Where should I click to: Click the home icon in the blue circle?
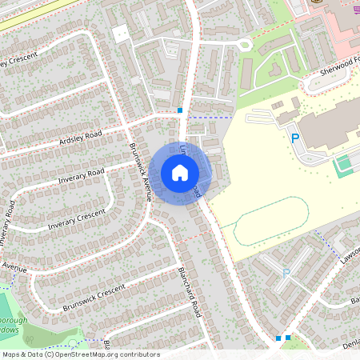tap(180, 173)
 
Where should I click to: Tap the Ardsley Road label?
tap(81, 138)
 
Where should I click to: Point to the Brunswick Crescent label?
tap(94, 298)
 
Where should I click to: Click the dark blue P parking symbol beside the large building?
tap(294, 138)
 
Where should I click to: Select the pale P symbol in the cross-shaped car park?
tap(286, 274)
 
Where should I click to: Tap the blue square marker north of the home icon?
tap(180, 110)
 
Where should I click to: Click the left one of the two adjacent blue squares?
tap(278, 338)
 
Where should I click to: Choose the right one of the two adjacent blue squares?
tap(288, 338)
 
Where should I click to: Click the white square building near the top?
tap(120, 34)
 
